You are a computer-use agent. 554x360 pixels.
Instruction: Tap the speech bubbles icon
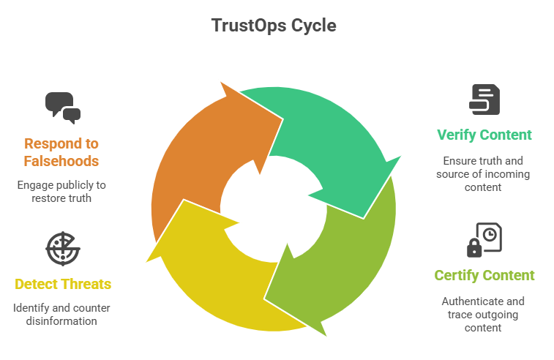(x=62, y=107)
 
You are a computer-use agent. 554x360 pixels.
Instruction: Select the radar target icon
(x=62, y=248)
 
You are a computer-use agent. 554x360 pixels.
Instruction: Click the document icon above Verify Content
(x=484, y=100)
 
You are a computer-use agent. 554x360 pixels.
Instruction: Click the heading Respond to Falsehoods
(x=62, y=151)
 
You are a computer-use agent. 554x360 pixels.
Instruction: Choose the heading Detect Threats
(x=62, y=283)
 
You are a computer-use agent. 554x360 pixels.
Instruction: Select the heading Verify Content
(x=484, y=135)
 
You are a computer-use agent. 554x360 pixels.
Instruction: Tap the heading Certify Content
(x=484, y=275)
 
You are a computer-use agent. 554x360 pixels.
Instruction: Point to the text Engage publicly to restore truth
(x=62, y=192)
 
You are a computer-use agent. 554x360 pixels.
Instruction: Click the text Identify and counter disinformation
(x=62, y=315)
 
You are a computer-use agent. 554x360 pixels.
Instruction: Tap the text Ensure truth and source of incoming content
(x=484, y=174)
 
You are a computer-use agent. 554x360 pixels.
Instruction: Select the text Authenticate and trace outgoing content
(x=484, y=314)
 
